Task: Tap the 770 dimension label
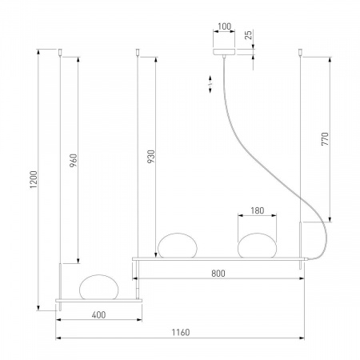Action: [x=325, y=141]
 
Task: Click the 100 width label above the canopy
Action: [x=226, y=26]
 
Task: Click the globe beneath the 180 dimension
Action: [x=258, y=244]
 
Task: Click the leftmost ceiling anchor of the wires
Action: [x=61, y=54]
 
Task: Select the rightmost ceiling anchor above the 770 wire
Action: [x=301, y=54]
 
